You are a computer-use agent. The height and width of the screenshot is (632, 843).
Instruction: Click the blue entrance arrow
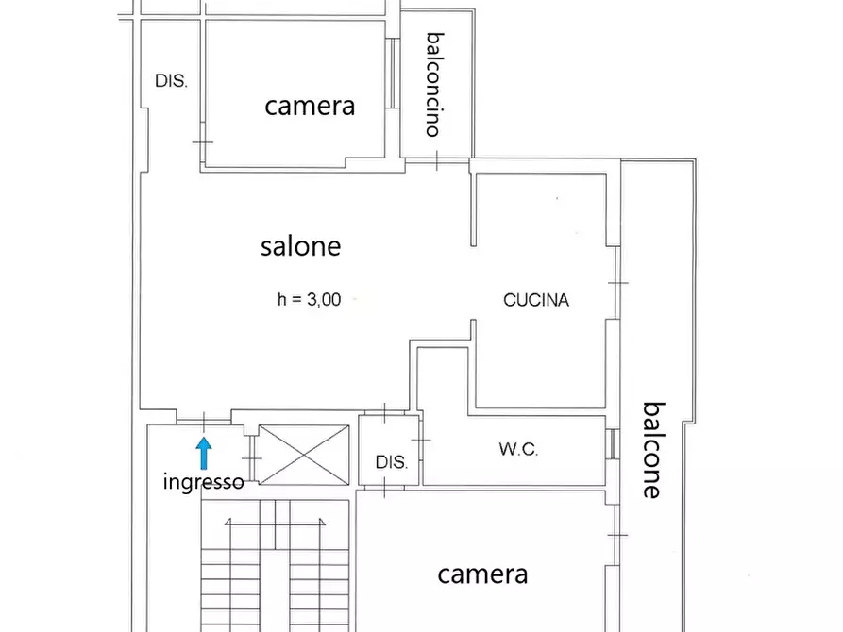(204, 453)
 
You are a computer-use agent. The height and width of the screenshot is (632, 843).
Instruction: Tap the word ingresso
(204, 482)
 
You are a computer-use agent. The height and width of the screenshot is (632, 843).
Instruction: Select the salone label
(300, 246)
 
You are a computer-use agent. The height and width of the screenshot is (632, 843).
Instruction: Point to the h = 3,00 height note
(309, 300)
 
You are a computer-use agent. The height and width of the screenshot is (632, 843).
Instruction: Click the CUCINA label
(536, 300)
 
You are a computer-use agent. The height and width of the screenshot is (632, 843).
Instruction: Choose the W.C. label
(518, 449)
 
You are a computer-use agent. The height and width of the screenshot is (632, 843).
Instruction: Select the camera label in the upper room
(310, 105)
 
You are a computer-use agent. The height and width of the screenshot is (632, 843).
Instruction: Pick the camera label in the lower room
(482, 574)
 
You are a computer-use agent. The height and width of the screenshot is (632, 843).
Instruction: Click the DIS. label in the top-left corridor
(171, 81)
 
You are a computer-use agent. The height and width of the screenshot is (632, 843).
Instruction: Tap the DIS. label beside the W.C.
(392, 462)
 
